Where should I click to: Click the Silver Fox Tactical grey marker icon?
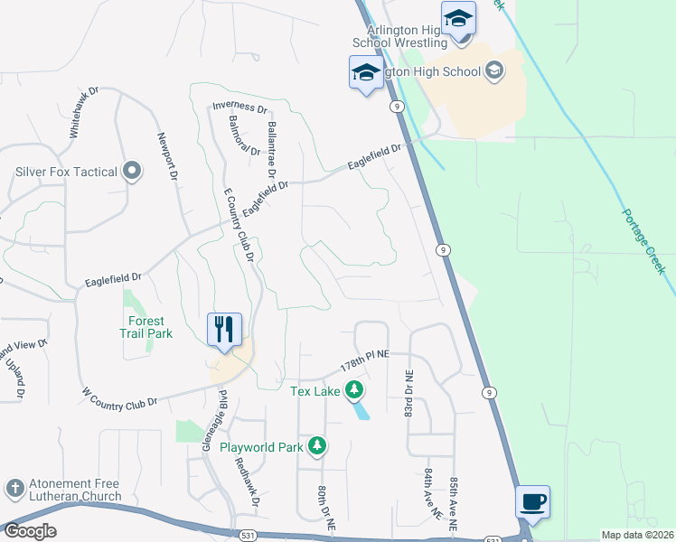(133, 171)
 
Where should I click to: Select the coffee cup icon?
(532, 501)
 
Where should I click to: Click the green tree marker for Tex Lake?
(355, 390)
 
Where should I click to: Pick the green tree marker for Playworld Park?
(317, 445)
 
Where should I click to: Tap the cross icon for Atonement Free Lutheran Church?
(14, 488)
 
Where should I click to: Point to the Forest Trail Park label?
(146, 327)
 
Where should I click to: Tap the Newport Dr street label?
(168, 158)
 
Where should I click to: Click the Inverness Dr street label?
(240, 107)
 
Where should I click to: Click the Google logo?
(30, 531)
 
